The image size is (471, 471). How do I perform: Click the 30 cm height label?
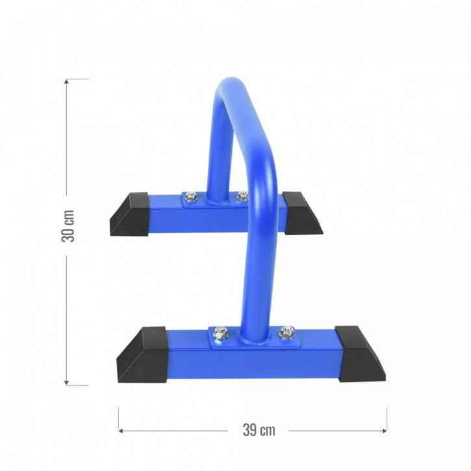coord(68,226)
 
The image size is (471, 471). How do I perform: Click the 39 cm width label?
coord(258,429)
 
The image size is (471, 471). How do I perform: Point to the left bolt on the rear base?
coord(191,196)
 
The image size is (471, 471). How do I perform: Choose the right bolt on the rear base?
coord(242,194)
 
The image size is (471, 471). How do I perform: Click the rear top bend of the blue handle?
coord(231,88)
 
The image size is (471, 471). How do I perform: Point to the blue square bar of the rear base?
coord(260,214)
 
